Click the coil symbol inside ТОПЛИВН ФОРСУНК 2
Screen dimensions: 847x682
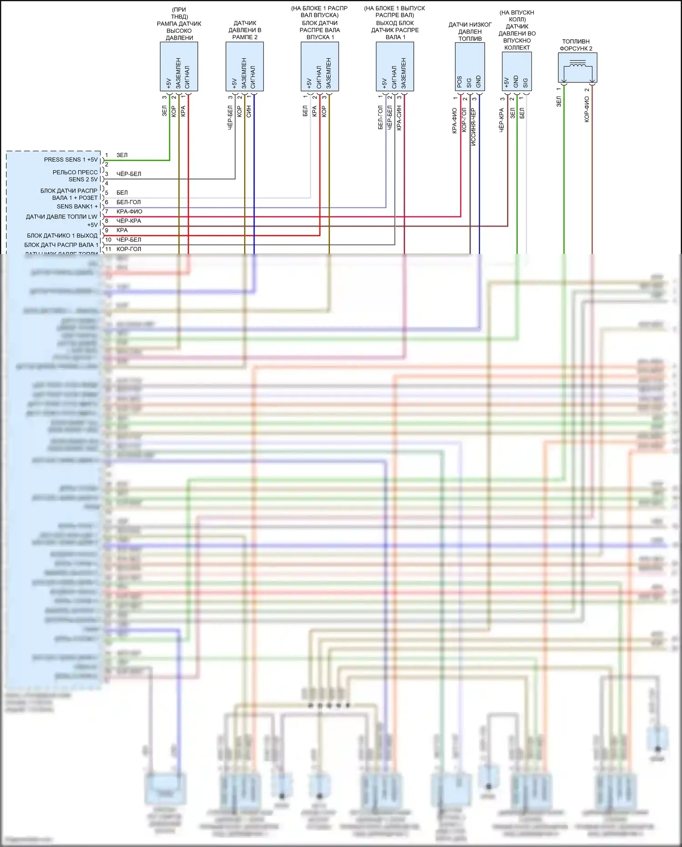[x=577, y=65]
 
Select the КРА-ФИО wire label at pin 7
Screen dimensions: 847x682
[x=129, y=212]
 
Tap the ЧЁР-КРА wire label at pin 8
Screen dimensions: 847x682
[x=129, y=221]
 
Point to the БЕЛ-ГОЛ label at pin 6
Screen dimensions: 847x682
[x=129, y=202]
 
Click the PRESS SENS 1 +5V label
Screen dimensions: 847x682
[x=70, y=160]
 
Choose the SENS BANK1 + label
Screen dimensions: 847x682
[x=77, y=207]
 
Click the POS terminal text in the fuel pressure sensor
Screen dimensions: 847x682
[x=460, y=82]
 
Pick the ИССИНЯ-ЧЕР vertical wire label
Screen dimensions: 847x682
[x=473, y=127]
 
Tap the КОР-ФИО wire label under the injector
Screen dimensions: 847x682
[x=587, y=109]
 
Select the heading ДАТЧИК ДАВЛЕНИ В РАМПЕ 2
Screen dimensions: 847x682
[x=245, y=30]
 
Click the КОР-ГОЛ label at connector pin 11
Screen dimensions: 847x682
[x=129, y=249]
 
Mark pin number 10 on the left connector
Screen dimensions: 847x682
[x=108, y=240]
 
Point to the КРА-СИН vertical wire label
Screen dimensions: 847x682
[x=399, y=118]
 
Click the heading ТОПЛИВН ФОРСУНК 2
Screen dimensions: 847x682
[x=576, y=45]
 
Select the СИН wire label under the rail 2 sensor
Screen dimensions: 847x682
[x=249, y=112]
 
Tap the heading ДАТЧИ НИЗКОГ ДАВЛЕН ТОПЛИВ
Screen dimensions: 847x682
[x=470, y=32]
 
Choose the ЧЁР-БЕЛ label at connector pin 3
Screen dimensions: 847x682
[x=129, y=174]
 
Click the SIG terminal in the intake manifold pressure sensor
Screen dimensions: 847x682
[x=526, y=83]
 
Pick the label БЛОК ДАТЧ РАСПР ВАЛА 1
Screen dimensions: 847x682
[x=61, y=245]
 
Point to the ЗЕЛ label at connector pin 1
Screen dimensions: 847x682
[x=122, y=155]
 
